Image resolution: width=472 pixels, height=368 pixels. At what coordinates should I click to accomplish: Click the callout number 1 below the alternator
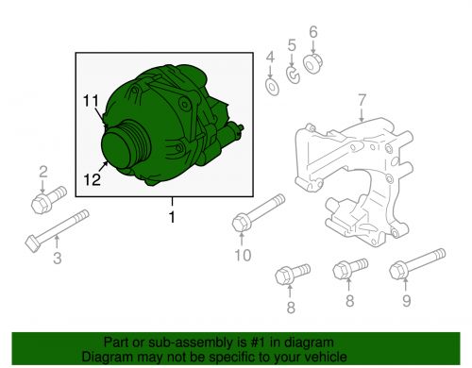(172, 218)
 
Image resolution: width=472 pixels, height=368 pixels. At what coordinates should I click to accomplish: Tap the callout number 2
(42, 171)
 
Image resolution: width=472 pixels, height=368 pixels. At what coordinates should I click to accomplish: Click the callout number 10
(243, 255)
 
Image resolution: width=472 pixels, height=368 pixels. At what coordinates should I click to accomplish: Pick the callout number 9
(407, 303)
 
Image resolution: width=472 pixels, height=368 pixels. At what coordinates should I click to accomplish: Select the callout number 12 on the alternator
(91, 176)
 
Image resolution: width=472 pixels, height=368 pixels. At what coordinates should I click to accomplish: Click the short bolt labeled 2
(44, 201)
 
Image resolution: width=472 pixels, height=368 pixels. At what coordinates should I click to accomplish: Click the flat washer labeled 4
(271, 88)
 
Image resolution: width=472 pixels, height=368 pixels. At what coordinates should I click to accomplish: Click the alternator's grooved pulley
(121, 149)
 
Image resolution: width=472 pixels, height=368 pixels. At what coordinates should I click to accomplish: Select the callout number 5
(292, 44)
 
